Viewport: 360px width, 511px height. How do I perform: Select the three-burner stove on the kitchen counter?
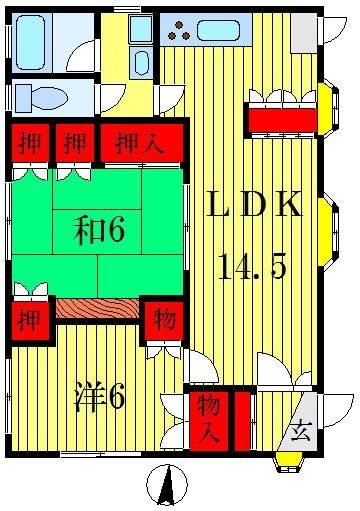pos(180,30)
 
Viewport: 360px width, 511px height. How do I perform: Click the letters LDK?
pos(254,207)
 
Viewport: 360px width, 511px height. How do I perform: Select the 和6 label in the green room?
pos(98,232)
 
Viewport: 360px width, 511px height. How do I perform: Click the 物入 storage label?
pos(208,417)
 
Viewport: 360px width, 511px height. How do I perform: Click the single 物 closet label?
pos(162,321)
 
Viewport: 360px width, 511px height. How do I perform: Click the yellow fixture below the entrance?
pos(287,461)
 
